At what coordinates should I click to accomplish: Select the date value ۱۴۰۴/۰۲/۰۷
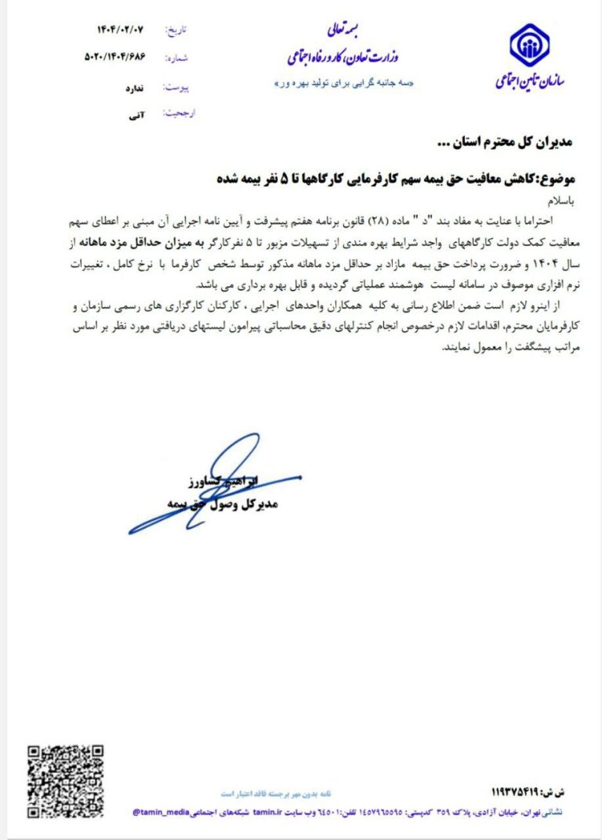(x=121, y=31)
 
